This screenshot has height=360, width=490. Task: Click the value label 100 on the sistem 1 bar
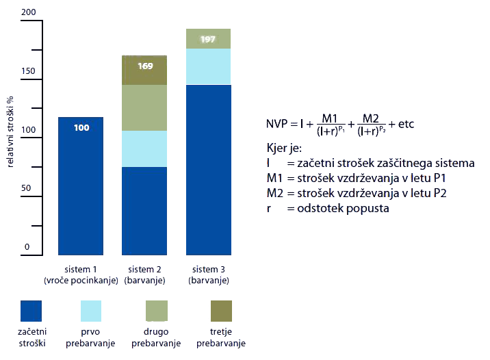coord(81,127)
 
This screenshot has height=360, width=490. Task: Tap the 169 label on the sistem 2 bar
coord(145,66)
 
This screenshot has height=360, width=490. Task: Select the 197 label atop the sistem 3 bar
coord(208,40)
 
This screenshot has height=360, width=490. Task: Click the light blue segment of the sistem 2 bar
coord(144,149)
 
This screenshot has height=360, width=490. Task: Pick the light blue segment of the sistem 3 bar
coord(209,66)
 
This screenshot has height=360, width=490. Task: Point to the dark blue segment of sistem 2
coord(144,211)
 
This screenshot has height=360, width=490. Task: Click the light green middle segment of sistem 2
coord(144,108)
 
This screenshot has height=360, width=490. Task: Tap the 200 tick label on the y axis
coord(29,12)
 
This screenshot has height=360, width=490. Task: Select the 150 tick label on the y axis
coord(28,71)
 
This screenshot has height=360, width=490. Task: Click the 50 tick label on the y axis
coord(26,188)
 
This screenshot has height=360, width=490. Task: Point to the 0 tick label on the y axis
coord(27,246)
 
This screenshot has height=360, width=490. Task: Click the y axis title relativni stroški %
coord(10,131)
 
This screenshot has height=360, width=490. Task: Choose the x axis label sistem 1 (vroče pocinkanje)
coord(81,274)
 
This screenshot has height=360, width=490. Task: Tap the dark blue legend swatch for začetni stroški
coord(31,311)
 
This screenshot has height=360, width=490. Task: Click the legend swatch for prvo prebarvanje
coord(91,311)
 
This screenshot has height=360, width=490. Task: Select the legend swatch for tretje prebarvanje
coord(221,311)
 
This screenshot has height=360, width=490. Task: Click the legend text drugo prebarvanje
coord(156,337)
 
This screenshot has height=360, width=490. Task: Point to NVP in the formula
coord(276,124)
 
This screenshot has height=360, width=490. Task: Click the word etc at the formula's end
coord(406,124)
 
